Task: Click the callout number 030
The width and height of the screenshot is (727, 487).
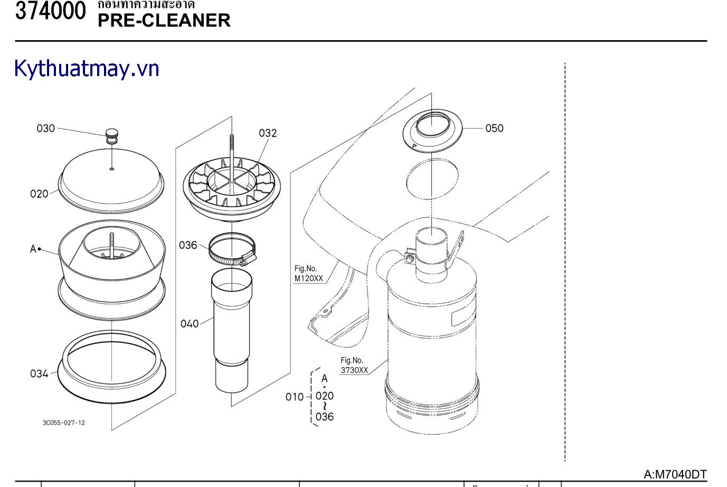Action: click(x=45, y=128)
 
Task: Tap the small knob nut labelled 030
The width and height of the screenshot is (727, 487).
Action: click(x=112, y=135)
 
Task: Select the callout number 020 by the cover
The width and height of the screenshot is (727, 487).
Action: click(x=39, y=194)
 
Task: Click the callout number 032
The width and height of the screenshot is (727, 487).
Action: click(x=268, y=133)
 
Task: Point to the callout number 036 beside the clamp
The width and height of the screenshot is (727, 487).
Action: click(x=188, y=245)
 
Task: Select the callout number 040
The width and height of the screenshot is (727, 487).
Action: click(x=190, y=324)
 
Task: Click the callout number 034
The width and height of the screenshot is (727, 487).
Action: click(x=39, y=374)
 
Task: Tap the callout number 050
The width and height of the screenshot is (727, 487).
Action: click(x=494, y=128)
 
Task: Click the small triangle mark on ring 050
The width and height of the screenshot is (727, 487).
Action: click(x=414, y=145)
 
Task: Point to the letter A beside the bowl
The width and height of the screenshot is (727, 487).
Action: click(x=33, y=249)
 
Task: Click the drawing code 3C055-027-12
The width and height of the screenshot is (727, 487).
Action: click(x=64, y=423)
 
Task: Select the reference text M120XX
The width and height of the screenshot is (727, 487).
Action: click(x=308, y=278)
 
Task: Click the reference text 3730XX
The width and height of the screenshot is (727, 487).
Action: click(x=354, y=370)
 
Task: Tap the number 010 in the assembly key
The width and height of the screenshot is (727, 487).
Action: click(x=295, y=397)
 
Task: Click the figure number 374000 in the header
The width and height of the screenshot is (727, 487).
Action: click(x=50, y=11)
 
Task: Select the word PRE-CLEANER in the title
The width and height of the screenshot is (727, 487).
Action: click(x=164, y=21)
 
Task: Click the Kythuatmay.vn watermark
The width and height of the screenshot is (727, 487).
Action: click(x=87, y=69)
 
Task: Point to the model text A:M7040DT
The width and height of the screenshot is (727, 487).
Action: click(x=675, y=474)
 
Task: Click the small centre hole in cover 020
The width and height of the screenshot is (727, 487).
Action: click(x=112, y=169)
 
